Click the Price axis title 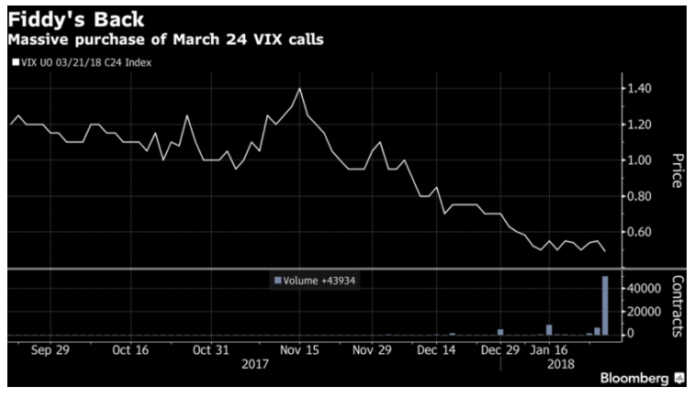pos(677,171)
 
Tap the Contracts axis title pos(677,307)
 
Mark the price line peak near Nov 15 pos(300,89)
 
